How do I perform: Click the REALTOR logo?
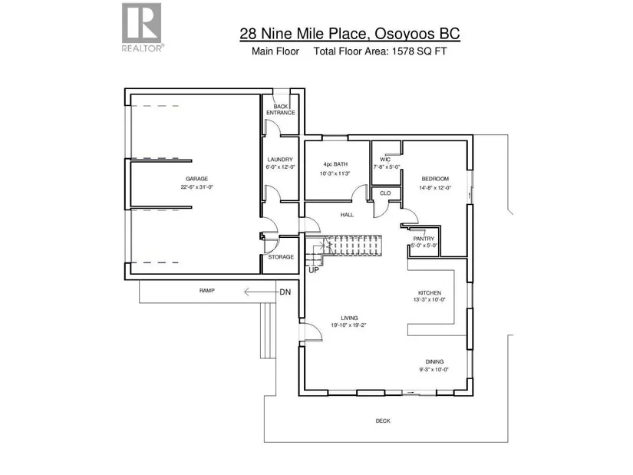pos(143,27)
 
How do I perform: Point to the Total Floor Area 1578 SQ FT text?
pos(381,51)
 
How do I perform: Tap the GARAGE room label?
pos(197,179)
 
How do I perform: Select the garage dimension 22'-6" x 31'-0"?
pos(197,187)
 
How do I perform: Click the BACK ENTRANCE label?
pos(281,110)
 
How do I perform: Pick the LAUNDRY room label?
pos(280,160)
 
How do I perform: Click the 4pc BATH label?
pos(335,164)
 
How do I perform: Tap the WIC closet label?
pos(385,160)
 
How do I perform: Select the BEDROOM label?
pos(435,179)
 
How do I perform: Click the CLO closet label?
pos(385,193)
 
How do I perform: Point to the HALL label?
pos(347,215)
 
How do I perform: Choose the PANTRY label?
pos(424,239)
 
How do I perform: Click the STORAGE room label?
pos(281,257)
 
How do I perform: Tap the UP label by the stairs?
pos(314,270)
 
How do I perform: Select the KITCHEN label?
pos(430,293)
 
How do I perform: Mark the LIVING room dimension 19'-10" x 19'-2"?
pos(349,325)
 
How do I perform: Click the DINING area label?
pos(434,362)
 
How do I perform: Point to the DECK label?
pos(383,421)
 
